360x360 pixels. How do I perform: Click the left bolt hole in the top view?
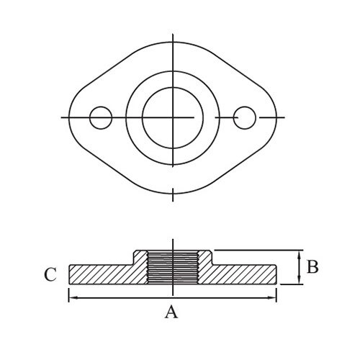[101, 117]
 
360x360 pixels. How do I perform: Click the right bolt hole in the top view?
[245, 117]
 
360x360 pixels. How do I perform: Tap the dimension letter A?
[171, 312]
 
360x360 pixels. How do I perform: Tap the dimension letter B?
[312, 266]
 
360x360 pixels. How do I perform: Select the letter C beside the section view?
[50, 274]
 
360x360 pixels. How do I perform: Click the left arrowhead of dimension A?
[73, 298]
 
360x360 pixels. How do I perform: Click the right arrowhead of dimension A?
[272, 298]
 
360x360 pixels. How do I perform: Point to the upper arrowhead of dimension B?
[299, 255]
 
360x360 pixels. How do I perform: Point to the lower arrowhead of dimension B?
[299, 280]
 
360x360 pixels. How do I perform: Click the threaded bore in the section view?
[173, 267]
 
